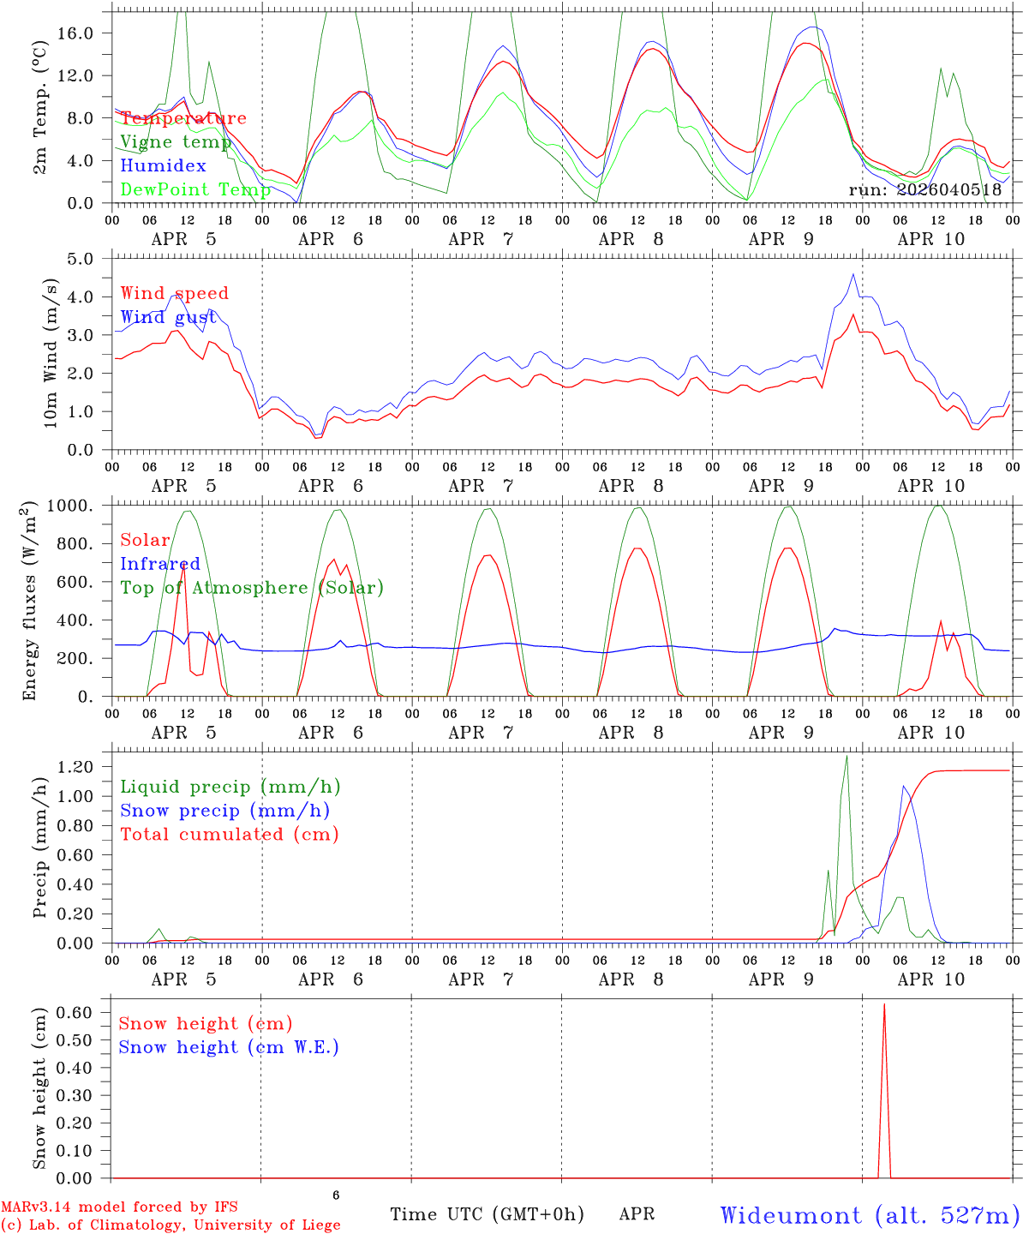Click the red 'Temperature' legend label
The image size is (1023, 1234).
tap(182, 118)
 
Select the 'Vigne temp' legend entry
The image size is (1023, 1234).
tap(176, 142)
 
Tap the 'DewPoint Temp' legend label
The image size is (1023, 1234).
tap(195, 189)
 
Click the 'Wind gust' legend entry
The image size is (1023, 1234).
tap(168, 317)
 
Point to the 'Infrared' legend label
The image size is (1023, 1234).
tap(160, 564)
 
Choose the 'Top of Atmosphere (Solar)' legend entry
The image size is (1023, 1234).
tap(252, 588)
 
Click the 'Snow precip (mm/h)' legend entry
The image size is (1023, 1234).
tap(224, 811)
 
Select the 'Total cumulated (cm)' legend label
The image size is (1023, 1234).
tap(229, 834)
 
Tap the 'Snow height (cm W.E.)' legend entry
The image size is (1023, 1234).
tap(229, 1047)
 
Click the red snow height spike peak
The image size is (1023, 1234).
tap(884, 1003)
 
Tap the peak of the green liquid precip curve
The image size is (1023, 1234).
tap(847, 756)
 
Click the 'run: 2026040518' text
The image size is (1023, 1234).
tap(924, 189)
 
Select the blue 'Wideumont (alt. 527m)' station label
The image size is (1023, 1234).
tap(870, 1215)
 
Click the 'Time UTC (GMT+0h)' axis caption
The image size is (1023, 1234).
tap(487, 1214)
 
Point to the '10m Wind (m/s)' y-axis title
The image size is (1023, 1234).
tap(51, 352)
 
